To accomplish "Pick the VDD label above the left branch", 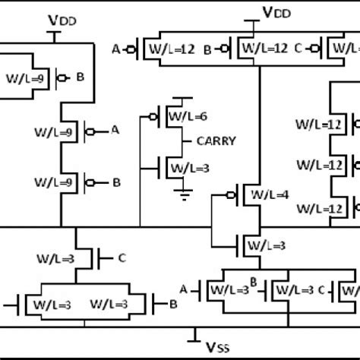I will pos(52,17).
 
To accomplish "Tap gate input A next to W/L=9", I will pos(115,131).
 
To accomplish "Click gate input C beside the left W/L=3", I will pos(122,258).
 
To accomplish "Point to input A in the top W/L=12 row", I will pos(116,50).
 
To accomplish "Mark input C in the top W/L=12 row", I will pos(297,50).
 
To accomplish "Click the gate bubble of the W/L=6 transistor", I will pos(154,116).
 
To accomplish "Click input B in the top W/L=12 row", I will pos(207,50).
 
